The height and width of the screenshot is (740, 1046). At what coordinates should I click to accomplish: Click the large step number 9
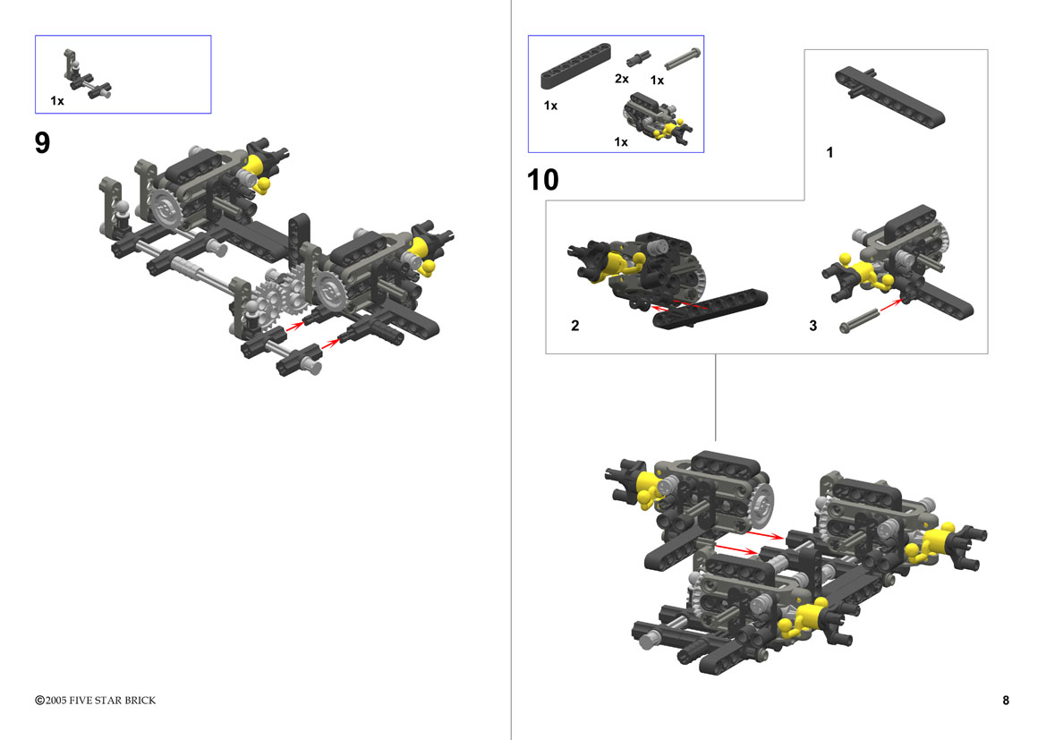click(42, 143)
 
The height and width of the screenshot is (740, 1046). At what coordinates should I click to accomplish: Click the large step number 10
click(542, 180)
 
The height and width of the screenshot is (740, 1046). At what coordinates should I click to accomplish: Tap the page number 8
click(1006, 700)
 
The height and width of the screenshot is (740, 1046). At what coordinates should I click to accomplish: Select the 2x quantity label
click(622, 79)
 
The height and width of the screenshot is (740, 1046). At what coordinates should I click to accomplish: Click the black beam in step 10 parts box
click(575, 66)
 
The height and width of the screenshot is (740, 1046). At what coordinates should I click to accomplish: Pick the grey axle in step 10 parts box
click(682, 58)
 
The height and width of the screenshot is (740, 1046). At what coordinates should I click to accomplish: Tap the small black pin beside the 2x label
click(638, 58)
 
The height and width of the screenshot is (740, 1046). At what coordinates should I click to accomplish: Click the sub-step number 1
click(829, 153)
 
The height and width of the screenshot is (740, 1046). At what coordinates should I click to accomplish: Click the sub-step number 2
click(575, 326)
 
